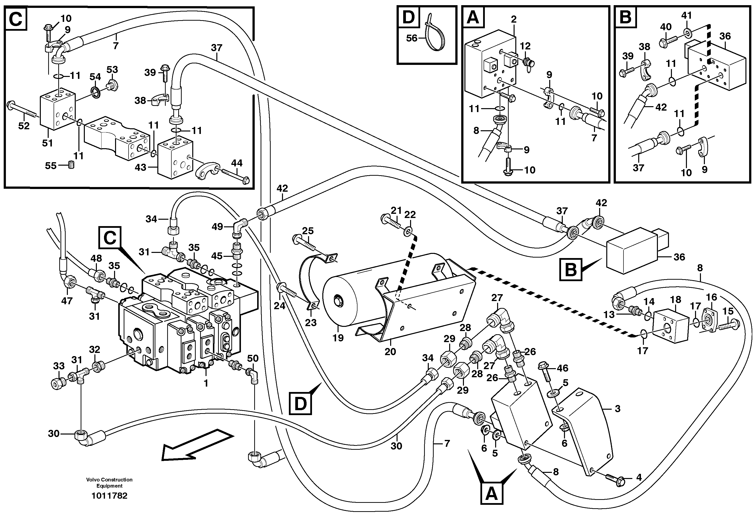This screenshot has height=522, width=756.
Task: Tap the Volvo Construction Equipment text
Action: pyautogui.click(x=109, y=483)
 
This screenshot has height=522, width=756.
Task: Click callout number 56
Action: pyautogui.click(x=412, y=38)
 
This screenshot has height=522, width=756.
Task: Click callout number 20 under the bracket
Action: pyautogui.click(x=390, y=352)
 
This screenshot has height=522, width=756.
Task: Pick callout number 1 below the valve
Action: pyautogui.click(x=206, y=383)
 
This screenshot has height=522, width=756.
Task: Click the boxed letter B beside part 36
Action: pyautogui.click(x=571, y=270)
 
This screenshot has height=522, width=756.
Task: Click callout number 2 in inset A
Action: pyautogui.click(x=514, y=19)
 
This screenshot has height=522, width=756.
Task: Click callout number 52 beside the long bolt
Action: pyautogui.click(x=24, y=126)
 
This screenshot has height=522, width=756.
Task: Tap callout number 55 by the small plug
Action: pyautogui.click(x=51, y=166)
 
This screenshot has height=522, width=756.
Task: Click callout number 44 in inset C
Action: pyautogui.click(x=237, y=163)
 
